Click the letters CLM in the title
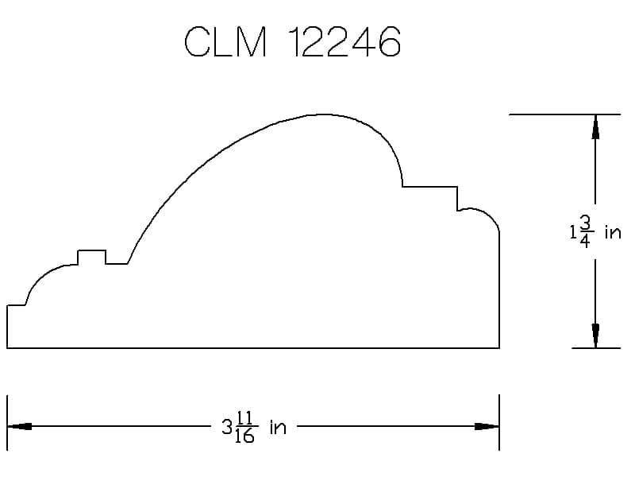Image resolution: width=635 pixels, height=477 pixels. (225, 42)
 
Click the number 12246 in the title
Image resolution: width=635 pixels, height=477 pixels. (345, 42)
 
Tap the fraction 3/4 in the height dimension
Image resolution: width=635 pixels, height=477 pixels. (585, 231)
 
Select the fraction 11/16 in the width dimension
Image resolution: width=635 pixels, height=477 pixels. (244, 427)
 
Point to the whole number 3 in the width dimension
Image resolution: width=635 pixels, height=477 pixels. (227, 427)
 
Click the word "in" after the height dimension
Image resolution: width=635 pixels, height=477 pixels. (613, 232)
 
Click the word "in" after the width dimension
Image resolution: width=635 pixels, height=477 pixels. (279, 427)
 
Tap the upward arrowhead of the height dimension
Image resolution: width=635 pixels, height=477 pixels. (595, 126)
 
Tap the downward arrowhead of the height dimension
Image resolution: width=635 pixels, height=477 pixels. (595, 335)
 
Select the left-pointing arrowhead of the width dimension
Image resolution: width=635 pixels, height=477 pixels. (19, 426)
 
